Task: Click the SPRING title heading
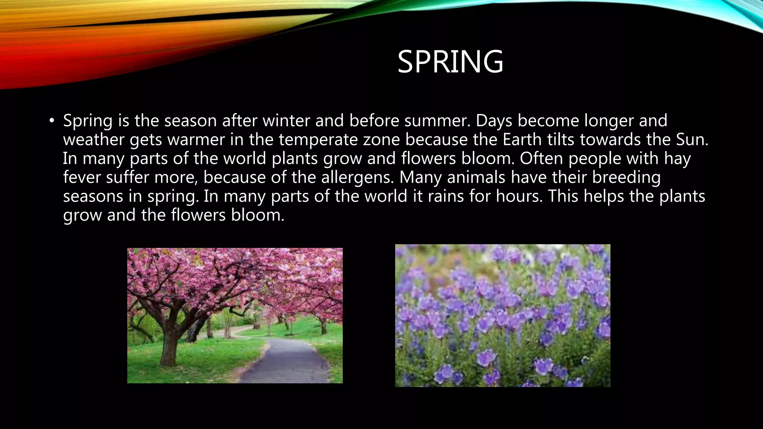(450, 62)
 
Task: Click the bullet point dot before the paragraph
(51, 121)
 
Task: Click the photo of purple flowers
(503, 315)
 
